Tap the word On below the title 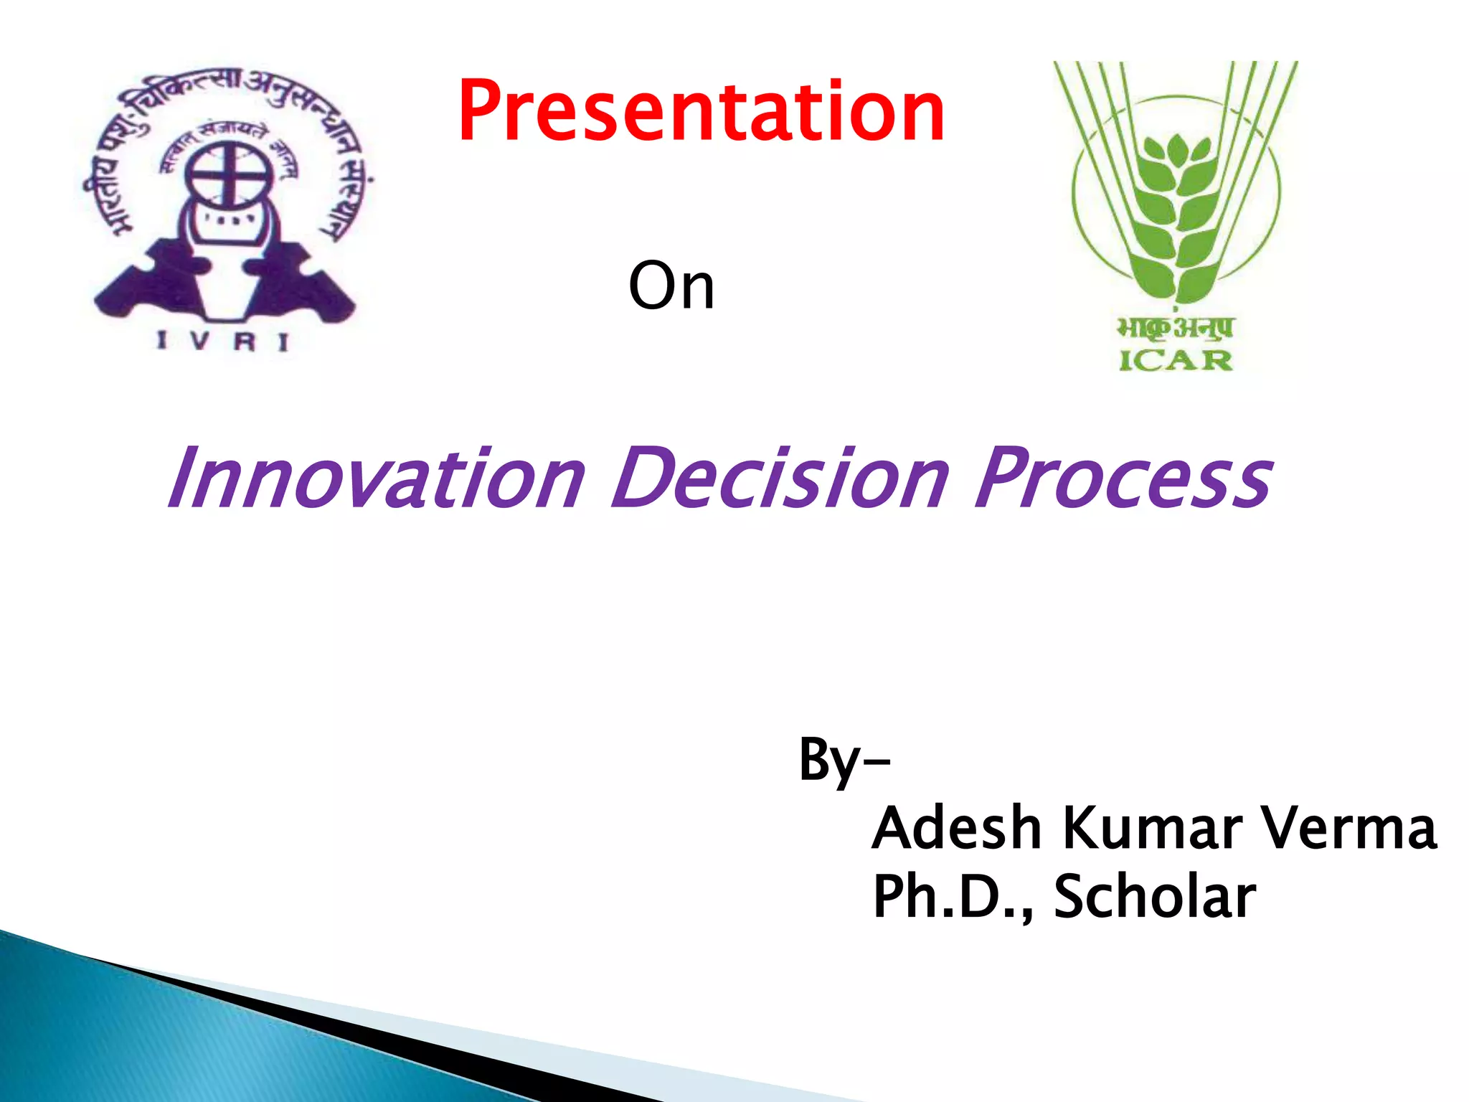pyautogui.click(x=671, y=286)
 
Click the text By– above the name pyautogui.click(x=844, y=760)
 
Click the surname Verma pyautogui.click(x=1349, y=829)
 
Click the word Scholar pyautogui.click(x=1155, y=896)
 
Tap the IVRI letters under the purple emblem pyautogui.click(x=223, y=342)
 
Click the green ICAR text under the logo pyautogui.click(x=1176, y=360)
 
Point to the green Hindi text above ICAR pyautogui.click(x=1175, y=328)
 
